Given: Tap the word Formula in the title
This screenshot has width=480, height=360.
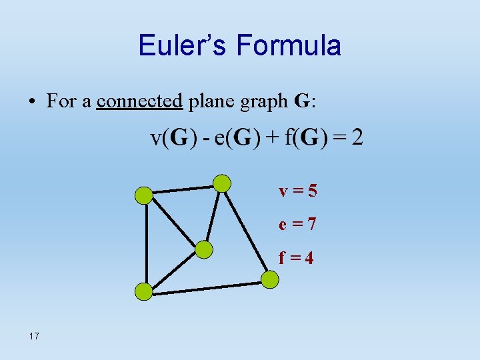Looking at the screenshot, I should (288, 45).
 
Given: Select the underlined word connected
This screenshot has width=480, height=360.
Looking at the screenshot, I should (139, 101).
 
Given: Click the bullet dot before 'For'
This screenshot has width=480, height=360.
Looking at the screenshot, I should (32, 102).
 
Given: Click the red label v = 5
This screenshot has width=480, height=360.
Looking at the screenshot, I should (298, 191).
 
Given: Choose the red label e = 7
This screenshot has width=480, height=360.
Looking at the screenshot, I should (298, 225).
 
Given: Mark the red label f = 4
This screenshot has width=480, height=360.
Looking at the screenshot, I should (298, 257).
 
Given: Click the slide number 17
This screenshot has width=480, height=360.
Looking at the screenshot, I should (34, 336).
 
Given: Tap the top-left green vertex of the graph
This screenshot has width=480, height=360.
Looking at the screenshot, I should (143, 195).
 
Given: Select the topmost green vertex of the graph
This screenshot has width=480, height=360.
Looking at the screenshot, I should (221, 183).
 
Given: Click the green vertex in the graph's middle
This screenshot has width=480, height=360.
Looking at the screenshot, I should (203, 249).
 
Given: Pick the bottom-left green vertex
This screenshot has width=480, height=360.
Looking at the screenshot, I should (143, 291).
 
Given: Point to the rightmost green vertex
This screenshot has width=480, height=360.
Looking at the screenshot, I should (269, 279).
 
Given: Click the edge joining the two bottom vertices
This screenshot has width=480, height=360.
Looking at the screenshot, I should (207, 286).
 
